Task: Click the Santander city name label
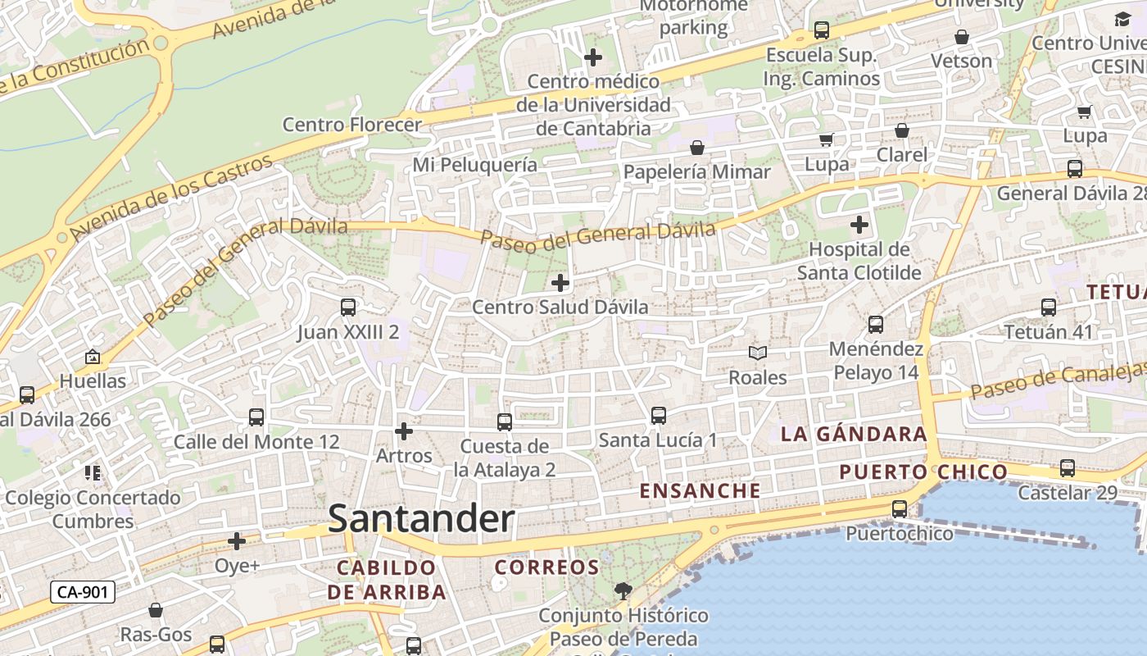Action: pos(421,519)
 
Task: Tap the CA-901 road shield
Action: pos(82,592)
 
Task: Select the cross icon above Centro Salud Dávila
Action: pos(560,283)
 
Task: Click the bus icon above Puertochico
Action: pos(900,509)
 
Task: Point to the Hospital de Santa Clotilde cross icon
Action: pos(859,224)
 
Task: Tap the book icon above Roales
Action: pos(758,353)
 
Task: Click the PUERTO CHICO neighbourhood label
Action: pos(923,472)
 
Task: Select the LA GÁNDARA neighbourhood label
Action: pos(854,435)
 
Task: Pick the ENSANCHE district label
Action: pos(700,491)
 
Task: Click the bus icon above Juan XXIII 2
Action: pos(348,307)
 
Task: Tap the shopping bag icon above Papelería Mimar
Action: pos(697,148)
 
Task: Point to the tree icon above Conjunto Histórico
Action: pos(623,590)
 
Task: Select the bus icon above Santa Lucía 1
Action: pos(659,416)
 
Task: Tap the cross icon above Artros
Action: pos(404,430)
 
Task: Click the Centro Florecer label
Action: pos(352,125)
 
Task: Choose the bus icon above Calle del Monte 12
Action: pos(256,417)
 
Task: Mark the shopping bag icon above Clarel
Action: pos(902,130)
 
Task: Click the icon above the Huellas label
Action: pos(93,357)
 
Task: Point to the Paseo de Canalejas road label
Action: pos(1057,379)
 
